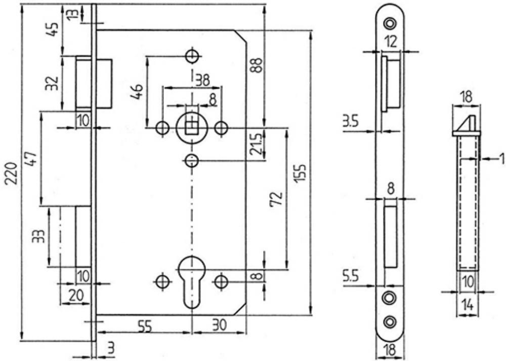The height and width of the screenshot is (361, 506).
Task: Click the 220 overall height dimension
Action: click(x=12, y=173)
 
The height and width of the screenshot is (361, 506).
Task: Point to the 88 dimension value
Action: click(x=257, y=66)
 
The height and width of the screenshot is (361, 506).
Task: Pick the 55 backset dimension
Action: click(x=145, y=326)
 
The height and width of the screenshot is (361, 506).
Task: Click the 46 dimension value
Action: click(x=137, y=92)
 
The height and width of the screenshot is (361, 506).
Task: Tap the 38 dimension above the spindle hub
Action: click(x=203, y=80)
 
